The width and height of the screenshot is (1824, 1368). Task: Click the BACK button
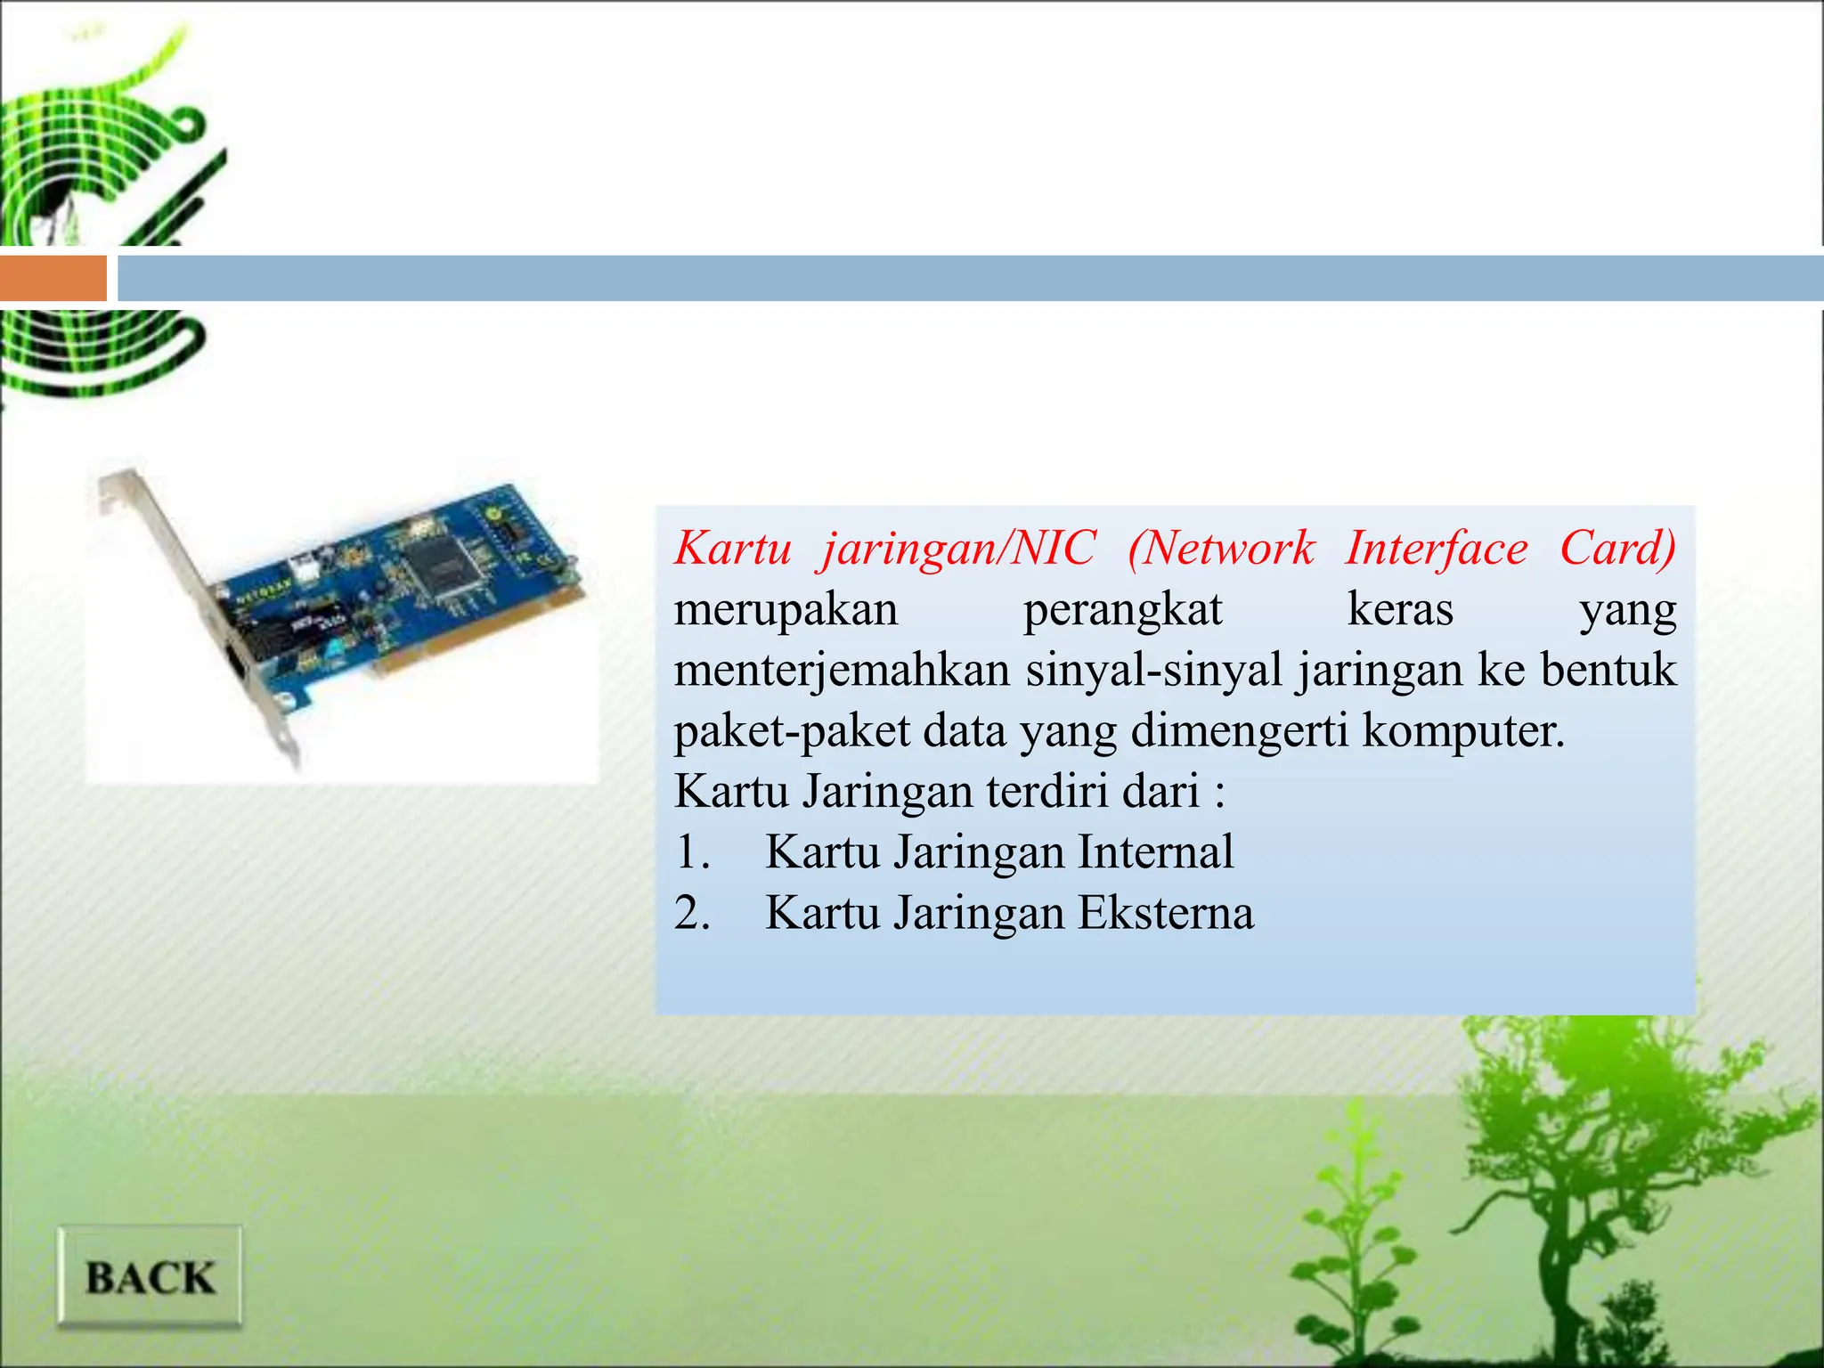(x=150, y=1277)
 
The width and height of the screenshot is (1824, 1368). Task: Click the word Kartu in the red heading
(x=732, y=548)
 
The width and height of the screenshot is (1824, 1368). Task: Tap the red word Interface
(x=1436, y=548)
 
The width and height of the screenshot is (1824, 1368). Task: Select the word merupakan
(x=786, y=611)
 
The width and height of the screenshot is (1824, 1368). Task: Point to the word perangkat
(x=1122, y=611)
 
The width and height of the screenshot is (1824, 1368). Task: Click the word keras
(x=1400, y=611)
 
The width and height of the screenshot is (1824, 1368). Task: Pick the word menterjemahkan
(x=842, y=670)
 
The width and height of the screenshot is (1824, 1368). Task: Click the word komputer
(x=1462, y=731)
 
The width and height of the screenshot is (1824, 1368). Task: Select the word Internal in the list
(x=1155, y=851)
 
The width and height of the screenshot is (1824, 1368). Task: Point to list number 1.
(x=691, y=851)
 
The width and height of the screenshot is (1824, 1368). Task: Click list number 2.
(x=691, y=913)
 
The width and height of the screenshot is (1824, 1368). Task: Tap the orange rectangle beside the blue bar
(x=53, y=278)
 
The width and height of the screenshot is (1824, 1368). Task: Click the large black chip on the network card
(x=443, y=561)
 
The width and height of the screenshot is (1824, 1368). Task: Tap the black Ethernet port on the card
(x=239, y=664)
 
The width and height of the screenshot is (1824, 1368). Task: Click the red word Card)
(x=1617, y=548)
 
